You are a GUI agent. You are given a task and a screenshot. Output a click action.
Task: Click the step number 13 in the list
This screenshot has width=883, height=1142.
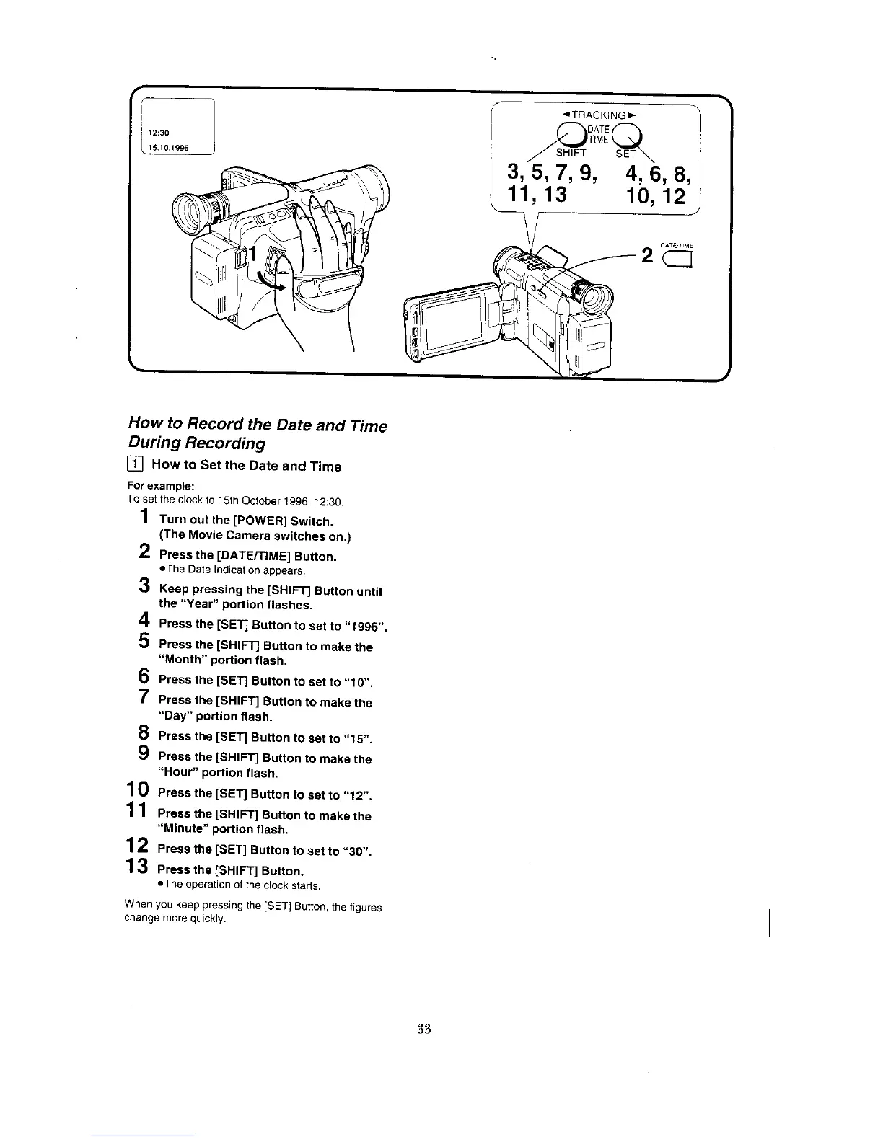(x=137, y=866)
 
